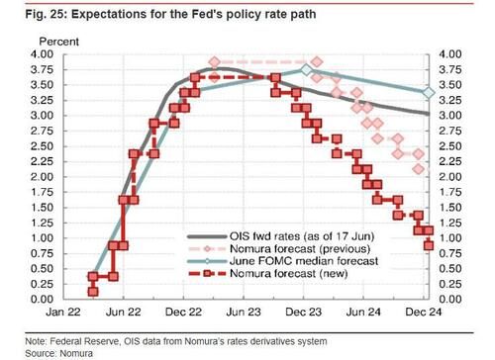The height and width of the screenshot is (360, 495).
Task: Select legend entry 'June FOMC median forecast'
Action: (x=287, y=262)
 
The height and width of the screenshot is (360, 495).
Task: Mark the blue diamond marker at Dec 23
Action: (x=306, y=71)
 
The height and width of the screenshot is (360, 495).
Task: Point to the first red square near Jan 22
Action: (x=93, y=291)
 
